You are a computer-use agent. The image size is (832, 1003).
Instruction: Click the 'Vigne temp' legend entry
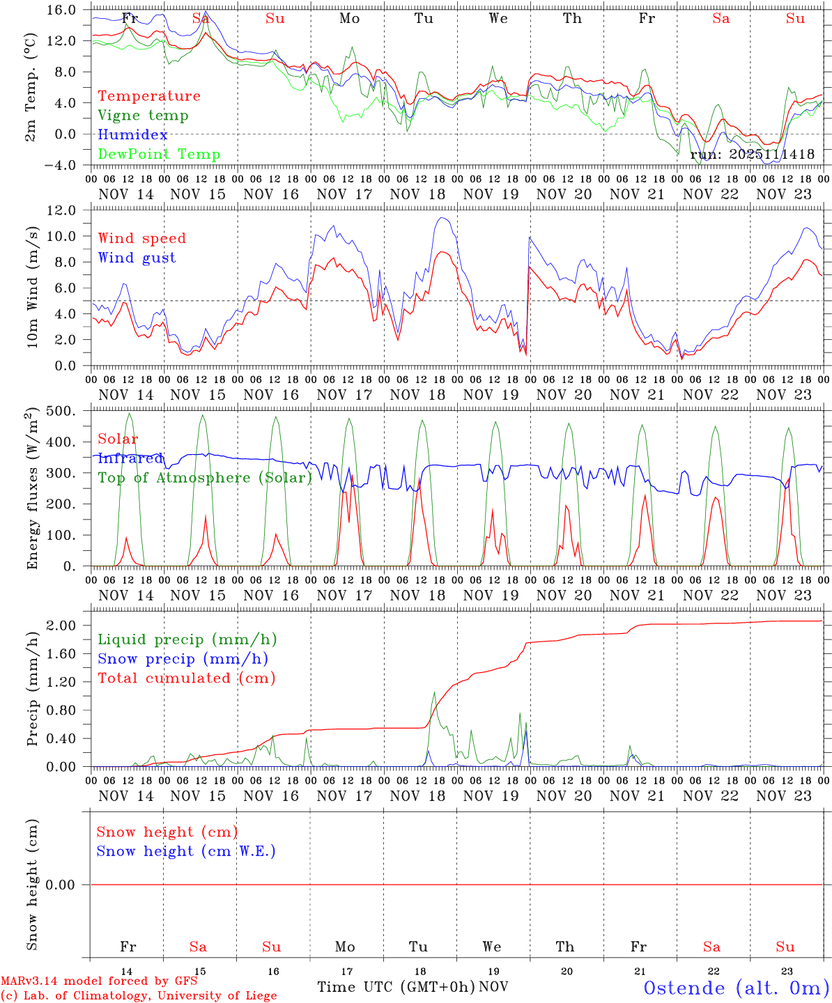(143, 116)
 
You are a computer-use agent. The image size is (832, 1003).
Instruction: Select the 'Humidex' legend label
(132, 135)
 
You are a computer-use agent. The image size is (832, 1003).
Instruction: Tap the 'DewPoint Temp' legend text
(159, 155)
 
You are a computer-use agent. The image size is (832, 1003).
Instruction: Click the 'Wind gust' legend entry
(137, 258)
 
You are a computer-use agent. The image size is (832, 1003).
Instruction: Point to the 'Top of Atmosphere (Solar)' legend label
(204, 478)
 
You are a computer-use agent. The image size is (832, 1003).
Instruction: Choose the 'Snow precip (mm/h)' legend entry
(183, 659)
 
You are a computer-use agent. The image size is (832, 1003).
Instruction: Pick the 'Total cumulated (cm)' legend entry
(186, 678)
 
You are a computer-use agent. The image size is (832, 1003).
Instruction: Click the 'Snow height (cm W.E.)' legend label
(185, 851)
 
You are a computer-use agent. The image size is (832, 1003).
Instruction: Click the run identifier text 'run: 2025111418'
(752, 155)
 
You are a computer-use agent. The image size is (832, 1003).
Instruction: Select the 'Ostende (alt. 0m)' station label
(736, 988)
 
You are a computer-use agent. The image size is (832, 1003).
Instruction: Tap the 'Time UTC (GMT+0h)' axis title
(396, 987)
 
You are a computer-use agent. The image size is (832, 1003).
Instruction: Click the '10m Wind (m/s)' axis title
(33, 287)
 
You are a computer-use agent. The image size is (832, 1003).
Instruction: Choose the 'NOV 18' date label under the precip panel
(417, 796)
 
